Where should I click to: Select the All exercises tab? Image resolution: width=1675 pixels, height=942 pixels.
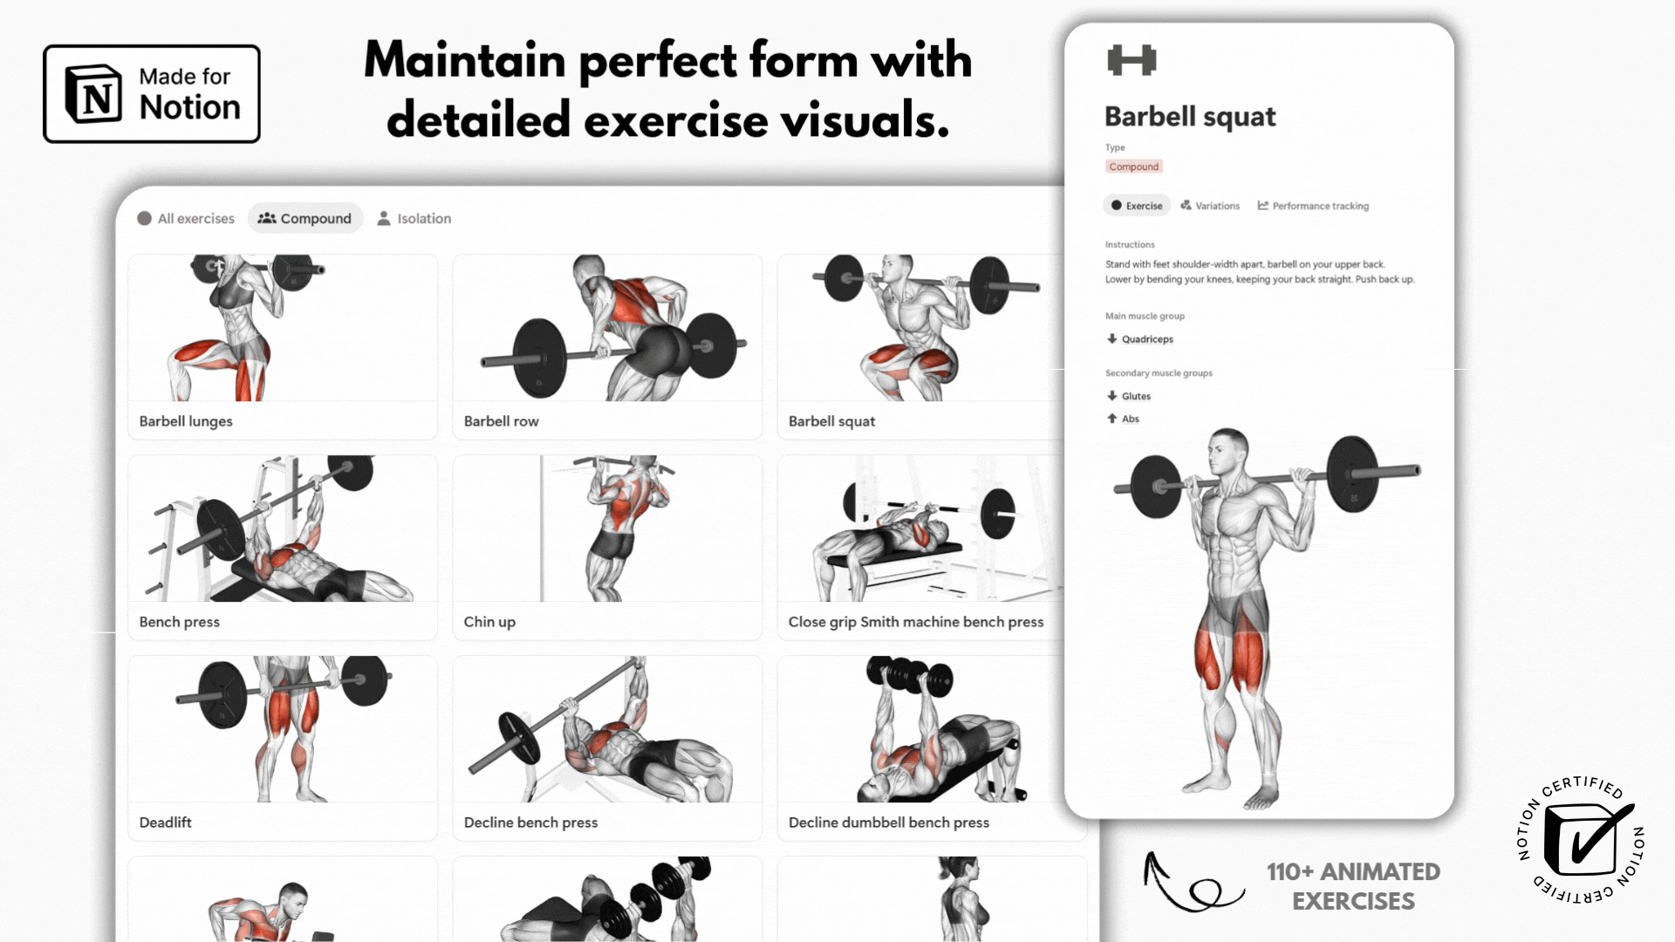tap(186, 218)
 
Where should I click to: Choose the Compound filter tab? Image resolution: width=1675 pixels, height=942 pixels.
tap(304, 218)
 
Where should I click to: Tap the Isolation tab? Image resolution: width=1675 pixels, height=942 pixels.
tap(414, 218)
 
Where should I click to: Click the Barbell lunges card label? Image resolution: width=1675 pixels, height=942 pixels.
tap(186, 421)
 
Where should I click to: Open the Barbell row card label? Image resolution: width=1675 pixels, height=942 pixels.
tap(501, 421)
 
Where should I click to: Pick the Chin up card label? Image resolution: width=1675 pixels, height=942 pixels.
tap(489, 622)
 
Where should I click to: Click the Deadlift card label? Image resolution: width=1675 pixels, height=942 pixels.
tap(165, 823)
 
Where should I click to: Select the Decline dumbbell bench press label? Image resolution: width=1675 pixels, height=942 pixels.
tap(888, 823)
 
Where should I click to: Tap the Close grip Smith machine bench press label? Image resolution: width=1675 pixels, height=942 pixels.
tap(915, 622)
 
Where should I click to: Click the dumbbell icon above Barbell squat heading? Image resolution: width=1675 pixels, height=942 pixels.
tap(1131, 60)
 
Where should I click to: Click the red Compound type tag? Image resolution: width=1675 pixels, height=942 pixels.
tap(1134, 167)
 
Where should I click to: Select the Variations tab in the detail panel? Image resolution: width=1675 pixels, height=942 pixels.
tap(1210, 206)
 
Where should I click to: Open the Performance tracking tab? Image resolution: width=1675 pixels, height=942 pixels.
tap(1313, 206)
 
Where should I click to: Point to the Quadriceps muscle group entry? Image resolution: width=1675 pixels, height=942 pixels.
tap(1140, 339)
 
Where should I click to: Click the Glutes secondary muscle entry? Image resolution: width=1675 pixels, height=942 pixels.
tap(1129, 396)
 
